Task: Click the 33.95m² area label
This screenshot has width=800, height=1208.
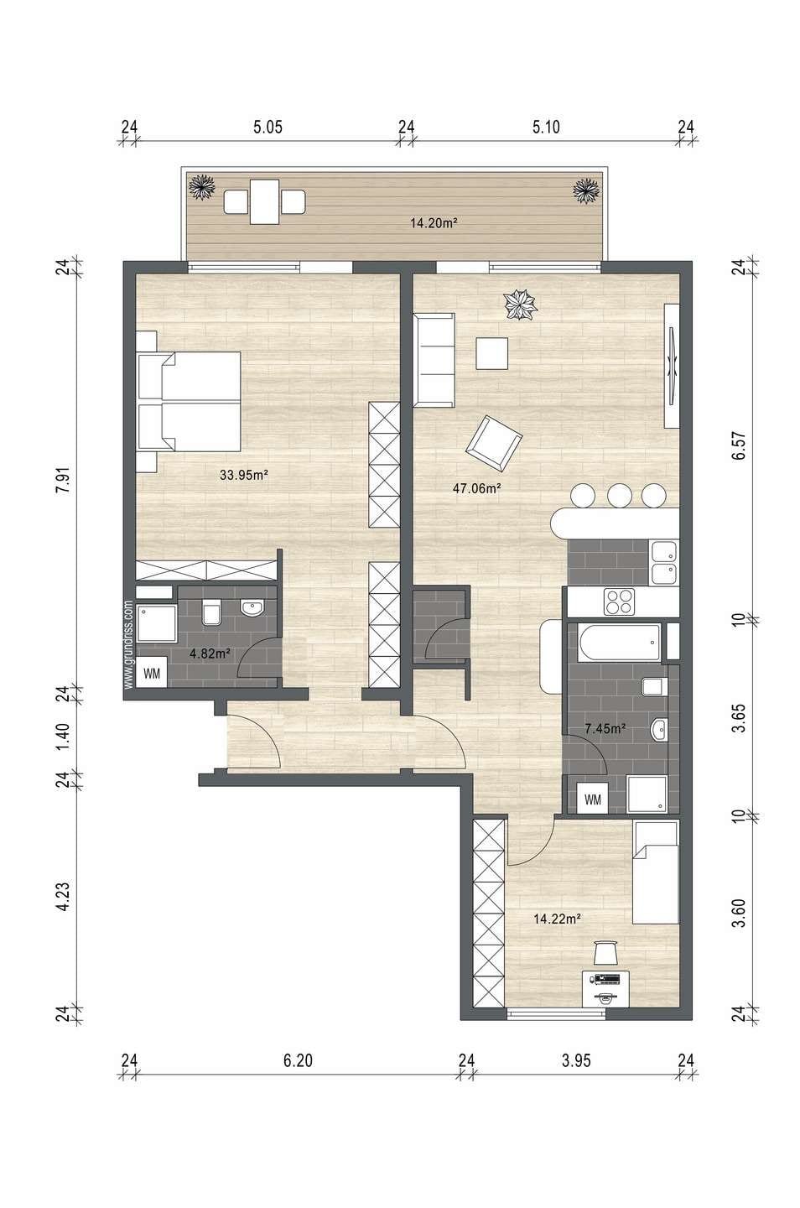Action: click(x=244, y=475)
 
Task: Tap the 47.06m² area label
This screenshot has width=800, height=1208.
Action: click(x=477, y=488)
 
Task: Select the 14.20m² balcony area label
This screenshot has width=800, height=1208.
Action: click(x=434, y=222)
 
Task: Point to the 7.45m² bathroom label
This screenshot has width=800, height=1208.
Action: click(x=605, y=728)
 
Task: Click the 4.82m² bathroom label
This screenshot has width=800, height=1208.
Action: click(x=210, y=653)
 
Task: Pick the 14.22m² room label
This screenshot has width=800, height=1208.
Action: click(x=557, y=919)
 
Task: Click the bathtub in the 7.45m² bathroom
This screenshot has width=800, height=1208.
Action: click(x=619, y=643)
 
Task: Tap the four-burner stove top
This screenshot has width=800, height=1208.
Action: click(x=619, y=601)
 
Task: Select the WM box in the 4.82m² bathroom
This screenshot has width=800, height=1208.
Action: click(x=152, y=674)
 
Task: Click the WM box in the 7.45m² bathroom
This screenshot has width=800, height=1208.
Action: click(x=592, y=799)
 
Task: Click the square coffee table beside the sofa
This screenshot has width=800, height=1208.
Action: click(x=491, y=353)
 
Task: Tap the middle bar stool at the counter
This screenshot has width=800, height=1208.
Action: click(x=620, y=495)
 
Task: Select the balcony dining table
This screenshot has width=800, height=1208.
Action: click(x=264, y=201)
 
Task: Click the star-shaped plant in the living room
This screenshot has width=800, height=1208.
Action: click(x=520, y=305)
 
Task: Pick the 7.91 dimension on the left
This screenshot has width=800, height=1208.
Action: click(x=64, y=479)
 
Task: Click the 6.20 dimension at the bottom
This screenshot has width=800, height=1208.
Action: click(x=298, y=1060)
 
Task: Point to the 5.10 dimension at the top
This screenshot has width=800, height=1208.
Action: click(x=546, y=128)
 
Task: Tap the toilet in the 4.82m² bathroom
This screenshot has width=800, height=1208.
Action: click(x=211, y=612)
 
